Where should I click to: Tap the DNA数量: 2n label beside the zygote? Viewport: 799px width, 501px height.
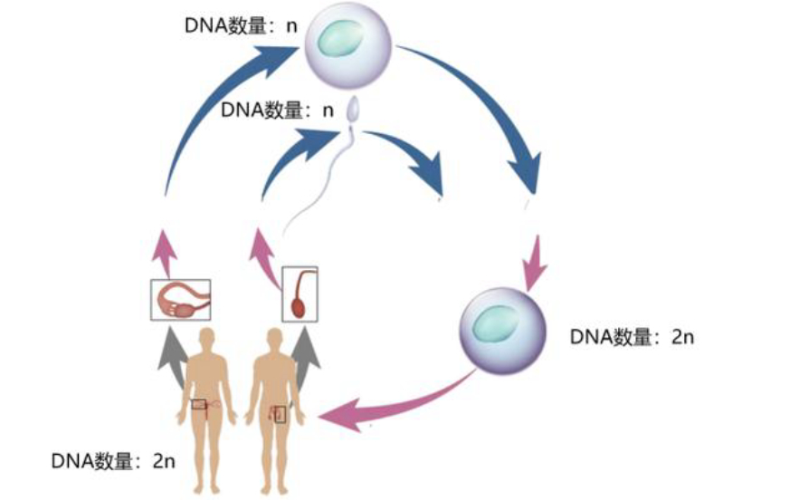(x=632, y=337)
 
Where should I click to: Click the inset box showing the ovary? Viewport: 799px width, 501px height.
(x=180, y=300)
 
